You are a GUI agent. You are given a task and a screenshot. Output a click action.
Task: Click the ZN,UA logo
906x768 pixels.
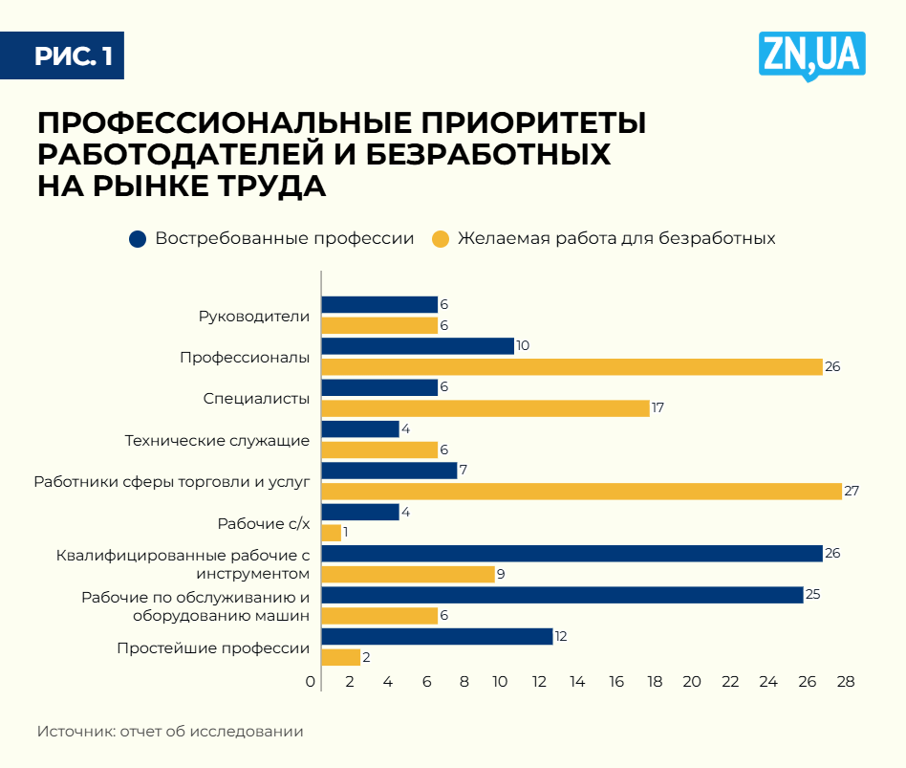click(x=811, y=55)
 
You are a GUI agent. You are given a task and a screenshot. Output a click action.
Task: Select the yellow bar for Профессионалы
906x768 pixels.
click(x=572, y=366)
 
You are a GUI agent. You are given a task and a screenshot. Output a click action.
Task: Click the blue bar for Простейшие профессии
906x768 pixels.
click(x=437, y=636)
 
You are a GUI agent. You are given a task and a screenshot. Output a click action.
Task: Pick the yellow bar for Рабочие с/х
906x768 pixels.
click(x=331, y=533)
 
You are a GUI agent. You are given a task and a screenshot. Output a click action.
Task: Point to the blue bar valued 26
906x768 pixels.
click(x=572, y=553)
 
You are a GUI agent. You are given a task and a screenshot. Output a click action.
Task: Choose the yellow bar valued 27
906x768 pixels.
click(x=581, y=491)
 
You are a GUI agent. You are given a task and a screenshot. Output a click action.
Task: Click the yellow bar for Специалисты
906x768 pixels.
click(x=485, y=408)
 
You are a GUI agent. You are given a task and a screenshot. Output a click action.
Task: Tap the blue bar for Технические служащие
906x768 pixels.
click(x=360, y=428)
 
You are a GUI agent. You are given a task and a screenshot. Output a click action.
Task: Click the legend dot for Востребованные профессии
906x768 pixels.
click(x=138, y=238)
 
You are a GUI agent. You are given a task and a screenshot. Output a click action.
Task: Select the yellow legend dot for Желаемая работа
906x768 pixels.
click(x=441, y=238)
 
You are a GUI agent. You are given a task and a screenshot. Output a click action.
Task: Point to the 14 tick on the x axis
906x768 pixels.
click(x=577, y=682)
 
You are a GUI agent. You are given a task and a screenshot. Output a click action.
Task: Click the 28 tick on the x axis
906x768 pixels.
click(x=845, y=682)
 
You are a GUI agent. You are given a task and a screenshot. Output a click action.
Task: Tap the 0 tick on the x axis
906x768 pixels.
click(x=311, y=682)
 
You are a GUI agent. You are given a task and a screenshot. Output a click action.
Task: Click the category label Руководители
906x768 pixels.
click(x=254, y=316)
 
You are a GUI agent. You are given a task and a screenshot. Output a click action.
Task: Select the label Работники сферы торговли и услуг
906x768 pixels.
click(x=172, y=481)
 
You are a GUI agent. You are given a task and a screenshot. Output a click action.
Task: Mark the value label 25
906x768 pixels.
click(x=813, y=595)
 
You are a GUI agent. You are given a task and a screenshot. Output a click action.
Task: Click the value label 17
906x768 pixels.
click(x=658, y=408)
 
